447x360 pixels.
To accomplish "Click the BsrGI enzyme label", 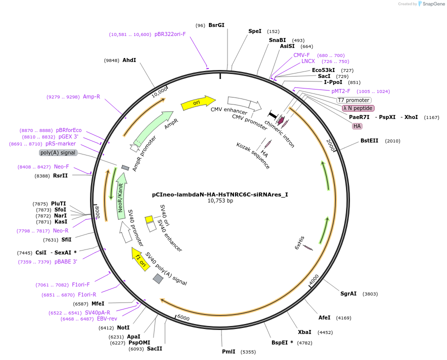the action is pos(216,25).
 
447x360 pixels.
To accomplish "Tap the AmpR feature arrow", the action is pos(153,127).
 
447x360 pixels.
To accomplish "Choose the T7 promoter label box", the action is pos(354,100).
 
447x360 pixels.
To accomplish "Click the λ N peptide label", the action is pos(357,108).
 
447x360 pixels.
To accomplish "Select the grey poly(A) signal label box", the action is pos(58,152).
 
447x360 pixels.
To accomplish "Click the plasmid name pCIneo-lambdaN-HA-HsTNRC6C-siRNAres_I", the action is pos(220,194).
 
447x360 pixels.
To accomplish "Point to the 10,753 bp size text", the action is pos(220,201).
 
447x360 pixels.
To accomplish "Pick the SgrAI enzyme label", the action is pos(348,293).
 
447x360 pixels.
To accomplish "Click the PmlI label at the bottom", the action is pos(228,351).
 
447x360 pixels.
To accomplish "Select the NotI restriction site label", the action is pos(123,327).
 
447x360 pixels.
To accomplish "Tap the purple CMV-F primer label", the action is pos(301,55).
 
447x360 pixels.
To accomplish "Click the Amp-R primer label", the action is pos(91,96).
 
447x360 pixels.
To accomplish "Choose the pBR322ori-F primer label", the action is pos(170,34).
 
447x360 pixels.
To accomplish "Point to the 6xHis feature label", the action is pos(298,244).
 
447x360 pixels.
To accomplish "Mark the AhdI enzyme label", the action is pos(129,60).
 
